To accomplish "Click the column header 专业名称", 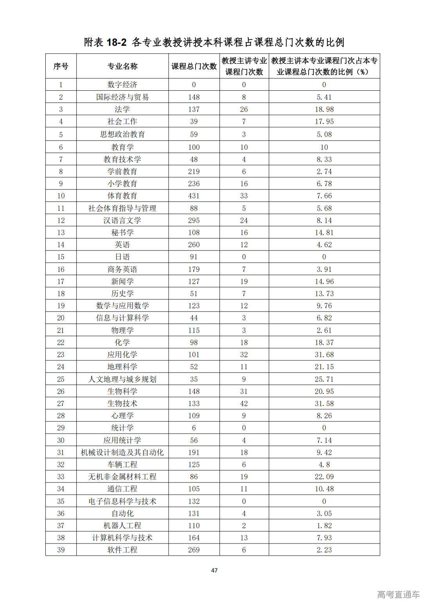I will [x=122, y=66].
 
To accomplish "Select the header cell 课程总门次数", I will [x=194, y=66].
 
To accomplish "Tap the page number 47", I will [x=214, y=570].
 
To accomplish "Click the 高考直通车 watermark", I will [x=399, y=594].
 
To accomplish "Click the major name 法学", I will [x=122, y=109].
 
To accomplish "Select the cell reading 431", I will [x=194, y=196].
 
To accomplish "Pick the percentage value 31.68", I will [x=324, y=354].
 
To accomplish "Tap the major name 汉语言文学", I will [x=122, y=220].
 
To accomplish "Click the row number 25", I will [x=61, y=379].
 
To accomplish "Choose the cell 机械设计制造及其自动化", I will [x=122, y=452].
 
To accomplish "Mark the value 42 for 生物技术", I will [x=244, y=403].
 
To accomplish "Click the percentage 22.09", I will [x=324, y=477].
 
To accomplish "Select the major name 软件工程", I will [x=122, y=550].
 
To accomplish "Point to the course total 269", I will [x=194, y=550].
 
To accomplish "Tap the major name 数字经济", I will [x=122, y=85].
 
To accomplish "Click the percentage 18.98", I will [x=324, y=109].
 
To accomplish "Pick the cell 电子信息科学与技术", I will [x=122, y=501].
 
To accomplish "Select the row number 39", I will [x=61, y=550].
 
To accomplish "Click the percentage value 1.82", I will [x=324, y=525].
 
